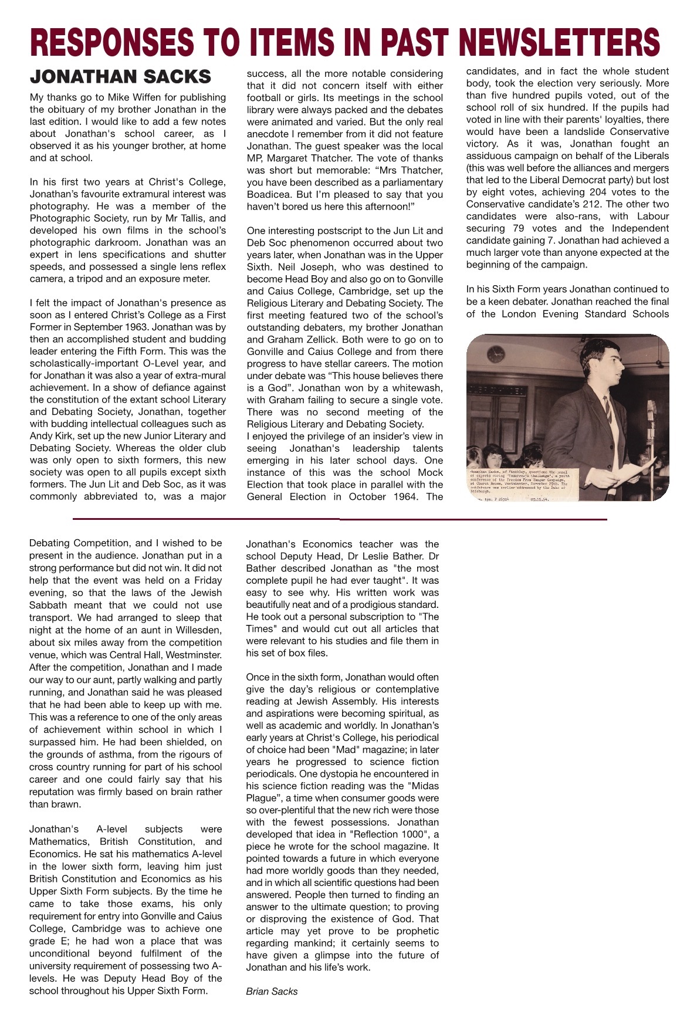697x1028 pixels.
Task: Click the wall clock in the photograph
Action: (x=496, y=353)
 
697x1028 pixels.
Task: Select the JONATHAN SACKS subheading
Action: (x=120, y=77)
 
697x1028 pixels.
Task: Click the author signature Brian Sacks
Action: (x=272, y=991)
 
